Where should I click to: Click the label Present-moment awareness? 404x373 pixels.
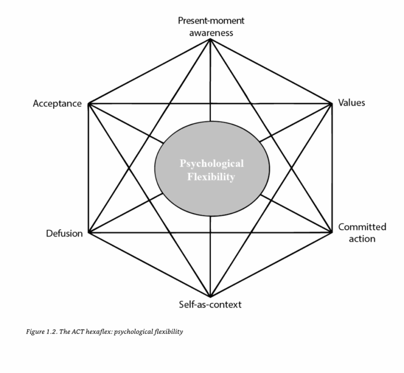click(x=211, y=26)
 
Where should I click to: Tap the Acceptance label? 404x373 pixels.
click(x=57, y=104)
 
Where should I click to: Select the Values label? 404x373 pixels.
click(x=352, y=103)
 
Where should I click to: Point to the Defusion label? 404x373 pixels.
click(x=64, y=233)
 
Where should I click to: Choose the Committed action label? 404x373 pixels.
click(x=362, y=232)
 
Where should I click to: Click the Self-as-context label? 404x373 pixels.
click(x=210, y=304)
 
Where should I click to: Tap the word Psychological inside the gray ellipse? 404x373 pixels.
click(x=212, y=163)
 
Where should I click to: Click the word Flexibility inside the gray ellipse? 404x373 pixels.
click(x=211, y=177)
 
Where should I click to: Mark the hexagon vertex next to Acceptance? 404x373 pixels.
click(x=89, y=104)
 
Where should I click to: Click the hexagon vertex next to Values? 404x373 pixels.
click(x=331, y=103)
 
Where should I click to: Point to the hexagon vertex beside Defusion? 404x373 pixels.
click(x=89, y=232)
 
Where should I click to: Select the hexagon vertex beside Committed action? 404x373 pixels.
click(x=331, y=232)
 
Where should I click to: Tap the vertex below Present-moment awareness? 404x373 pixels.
click(x=210, y=39)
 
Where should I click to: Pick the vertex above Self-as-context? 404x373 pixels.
click(x=210, y=296)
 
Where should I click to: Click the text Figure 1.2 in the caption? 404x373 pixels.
click(x=39, y=332)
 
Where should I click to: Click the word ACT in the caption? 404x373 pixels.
click(x=75, y=332)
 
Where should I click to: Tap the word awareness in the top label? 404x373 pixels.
click(x=211, y=33)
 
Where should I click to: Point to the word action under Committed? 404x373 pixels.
click(x=362, y=239)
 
